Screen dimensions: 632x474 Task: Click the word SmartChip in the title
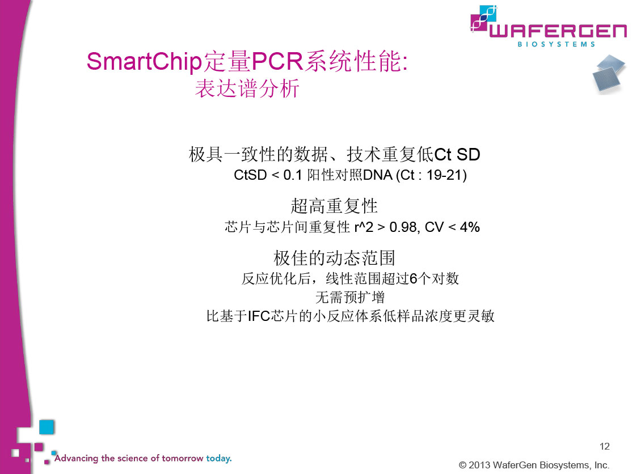pyautogui.click(x=144, y=62)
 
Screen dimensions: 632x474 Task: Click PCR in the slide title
pyautogui.click(x=277, y=61)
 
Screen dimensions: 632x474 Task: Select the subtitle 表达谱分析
pyautogui.click(x=247, y=88)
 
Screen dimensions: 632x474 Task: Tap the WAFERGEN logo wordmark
pyautogui.click(x=558, y=31)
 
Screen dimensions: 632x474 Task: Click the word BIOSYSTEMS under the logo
pyautogui.click(x=556, y=44)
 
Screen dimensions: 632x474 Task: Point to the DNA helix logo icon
pyautogui.click(x=484, y=19)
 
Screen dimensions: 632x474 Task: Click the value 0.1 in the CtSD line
pyautogui.click(x=293, y=175)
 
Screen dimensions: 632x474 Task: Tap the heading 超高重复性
pyautogui.click(x=334, y=206)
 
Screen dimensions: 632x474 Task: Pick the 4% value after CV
pyautogui.click(x=470, y=227)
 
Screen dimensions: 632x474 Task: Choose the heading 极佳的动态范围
pyautogui.click(x=334, y=258)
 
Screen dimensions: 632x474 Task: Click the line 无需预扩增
pyautogui.click(x=350, y=297)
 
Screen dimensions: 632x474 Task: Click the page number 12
pyautogui.click(x=605, y=446)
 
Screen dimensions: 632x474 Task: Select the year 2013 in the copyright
pyautogui.click(x=479, y=465)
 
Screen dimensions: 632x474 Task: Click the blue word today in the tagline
pyautogui.click(x=219, y=458)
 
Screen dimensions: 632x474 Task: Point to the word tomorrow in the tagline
pyautogui.click(x=183, y=458)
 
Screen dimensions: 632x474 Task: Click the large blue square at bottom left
pyautogui.click(x=47, y=427)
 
